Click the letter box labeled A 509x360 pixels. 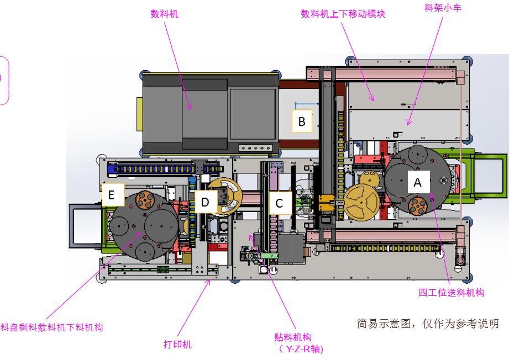(x=418, y=182)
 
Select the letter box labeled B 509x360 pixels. (x=302, y=121)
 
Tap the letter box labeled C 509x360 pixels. (x=279, y=203)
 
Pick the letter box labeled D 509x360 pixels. (x=205, y=203)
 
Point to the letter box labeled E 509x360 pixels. (x=112, y=195)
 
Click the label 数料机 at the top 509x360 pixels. (x=165, y=14)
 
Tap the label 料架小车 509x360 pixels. (x=442, y=7)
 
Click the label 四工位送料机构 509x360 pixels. (x=451, y=292)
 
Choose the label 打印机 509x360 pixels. (x=177, y=345)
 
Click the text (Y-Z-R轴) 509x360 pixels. (x=301, y=349)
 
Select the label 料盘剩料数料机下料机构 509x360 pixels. (x=52, y=327)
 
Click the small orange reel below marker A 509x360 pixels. (x=419, y=207)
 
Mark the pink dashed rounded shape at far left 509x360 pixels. (x=4, y=80)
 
